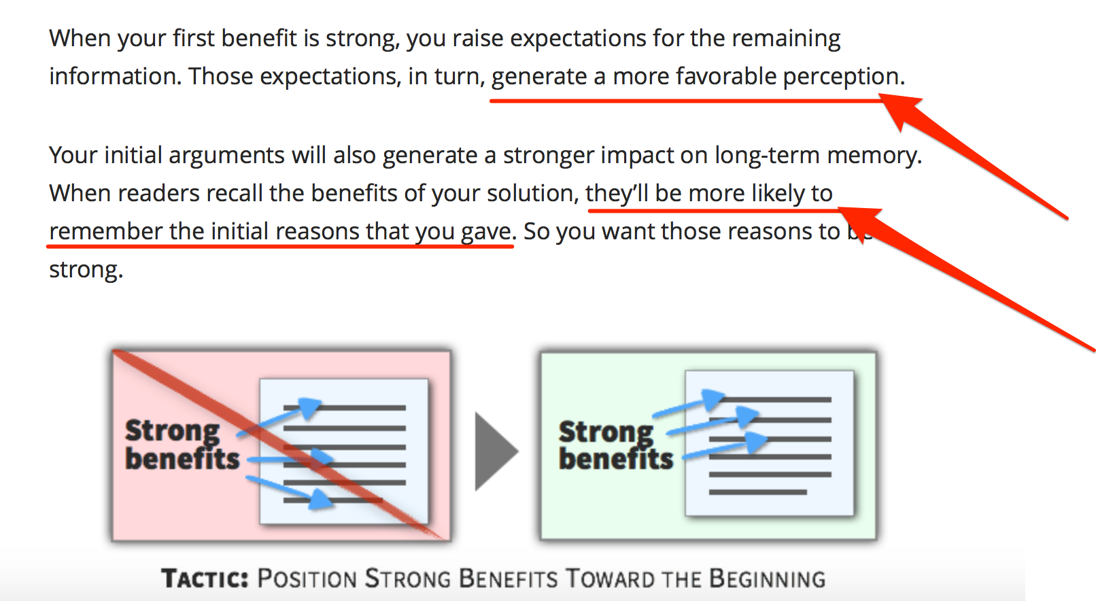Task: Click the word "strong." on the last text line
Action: point(86,270)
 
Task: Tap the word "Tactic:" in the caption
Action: point(205,578)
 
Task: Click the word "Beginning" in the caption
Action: point(767,578)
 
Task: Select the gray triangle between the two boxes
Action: point(494,451)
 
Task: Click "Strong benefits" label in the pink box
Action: point(182,445)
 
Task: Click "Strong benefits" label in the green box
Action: point(615,445)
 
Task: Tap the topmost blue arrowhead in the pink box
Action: point(309,408)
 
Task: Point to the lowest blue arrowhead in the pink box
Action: point(320,499)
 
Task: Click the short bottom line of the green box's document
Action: point(758,492)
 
